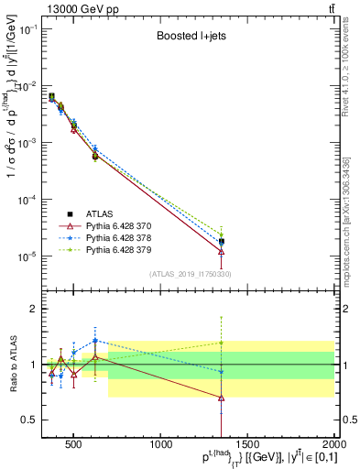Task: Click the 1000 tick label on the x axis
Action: pyautogui.click(x=161, y=445)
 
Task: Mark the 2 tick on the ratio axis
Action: pyautogui.click(x=33, y=309)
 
